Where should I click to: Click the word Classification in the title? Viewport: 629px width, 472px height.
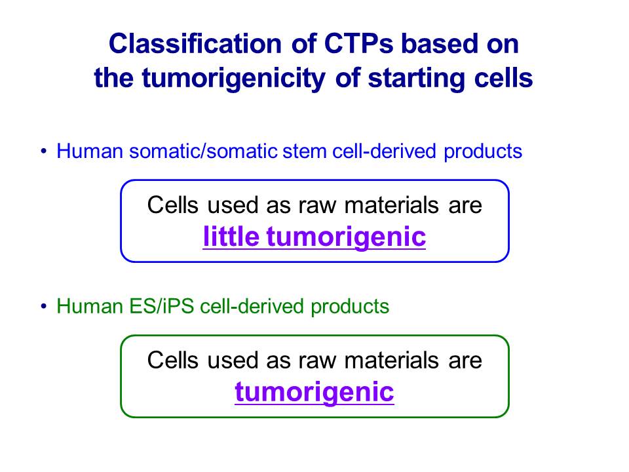coord(195,43)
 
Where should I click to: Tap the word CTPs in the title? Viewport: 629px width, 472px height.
coord(358,43)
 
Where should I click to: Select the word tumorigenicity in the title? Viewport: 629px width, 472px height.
coord(233,79)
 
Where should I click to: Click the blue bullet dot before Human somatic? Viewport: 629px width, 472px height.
coord(44,151)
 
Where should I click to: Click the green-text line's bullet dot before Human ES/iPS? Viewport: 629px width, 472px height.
coord(44,306)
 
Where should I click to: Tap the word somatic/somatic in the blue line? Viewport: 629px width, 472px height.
coord(203,151)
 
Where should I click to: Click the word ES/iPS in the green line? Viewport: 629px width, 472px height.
coord(162,306)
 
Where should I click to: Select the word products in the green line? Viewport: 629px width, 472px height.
coord(350,307)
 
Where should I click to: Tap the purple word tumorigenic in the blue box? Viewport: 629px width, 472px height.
coord(346,237)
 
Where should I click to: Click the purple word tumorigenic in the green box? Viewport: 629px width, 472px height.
coord(314,392)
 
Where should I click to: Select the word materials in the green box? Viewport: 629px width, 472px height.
coord(392,360)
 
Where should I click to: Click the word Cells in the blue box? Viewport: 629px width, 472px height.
coord(173,205)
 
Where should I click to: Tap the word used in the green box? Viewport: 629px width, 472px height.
coord(233,360)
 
